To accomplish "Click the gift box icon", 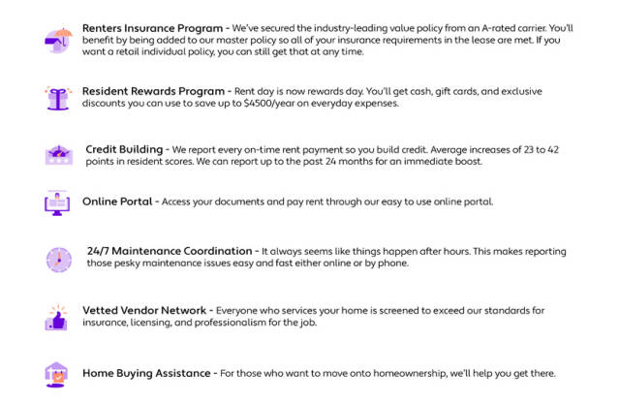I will [x=57, y=97].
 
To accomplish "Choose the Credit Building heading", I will [x=124, y=150].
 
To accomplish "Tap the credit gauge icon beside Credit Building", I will [x=57, y=155].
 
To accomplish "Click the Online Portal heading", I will [x=118, y=201].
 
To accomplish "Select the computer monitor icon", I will [x=57, y=202].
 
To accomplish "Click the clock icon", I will [x=58, y=259].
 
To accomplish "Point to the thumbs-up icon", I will [x=57, y=318].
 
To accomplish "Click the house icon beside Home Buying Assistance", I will [x=57, y=374].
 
